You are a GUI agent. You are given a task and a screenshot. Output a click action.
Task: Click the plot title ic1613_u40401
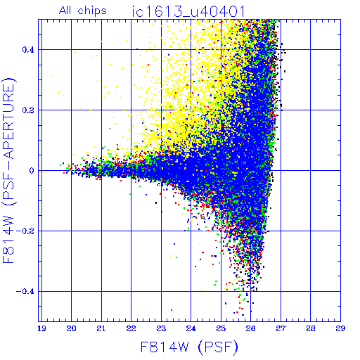pos(188,11)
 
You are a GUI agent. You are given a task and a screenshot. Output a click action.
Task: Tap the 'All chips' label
pos(82,11)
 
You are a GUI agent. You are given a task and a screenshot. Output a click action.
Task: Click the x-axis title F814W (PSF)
pos(189,347)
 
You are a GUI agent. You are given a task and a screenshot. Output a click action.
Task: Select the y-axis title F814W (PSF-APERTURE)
pos(8,170)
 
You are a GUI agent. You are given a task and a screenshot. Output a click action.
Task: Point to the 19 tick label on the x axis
pos(41,328)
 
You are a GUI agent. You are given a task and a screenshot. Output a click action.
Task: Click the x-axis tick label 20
pos(71,328)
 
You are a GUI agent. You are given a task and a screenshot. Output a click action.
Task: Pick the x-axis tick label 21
pos(101,328)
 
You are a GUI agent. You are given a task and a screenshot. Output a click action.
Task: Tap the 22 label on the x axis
pos(131,328)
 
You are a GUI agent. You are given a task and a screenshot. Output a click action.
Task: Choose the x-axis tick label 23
pos(161,328)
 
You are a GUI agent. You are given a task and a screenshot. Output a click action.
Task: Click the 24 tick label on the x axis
pos(191,328)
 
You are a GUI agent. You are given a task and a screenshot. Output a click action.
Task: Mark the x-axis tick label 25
pos(221,328)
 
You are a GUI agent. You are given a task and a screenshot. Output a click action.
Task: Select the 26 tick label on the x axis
pos(250,328)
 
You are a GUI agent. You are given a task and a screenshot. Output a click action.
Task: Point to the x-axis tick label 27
pos(281,328)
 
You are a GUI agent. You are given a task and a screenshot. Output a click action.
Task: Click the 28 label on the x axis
pos(311,328)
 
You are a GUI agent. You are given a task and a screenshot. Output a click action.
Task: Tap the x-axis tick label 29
pos(340,328)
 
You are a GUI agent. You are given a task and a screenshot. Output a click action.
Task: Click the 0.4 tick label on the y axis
pos(28,50)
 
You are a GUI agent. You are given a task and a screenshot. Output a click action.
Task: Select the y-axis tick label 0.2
pos(28,110)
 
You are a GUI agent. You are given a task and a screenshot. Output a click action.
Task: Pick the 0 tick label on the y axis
pos(32,170)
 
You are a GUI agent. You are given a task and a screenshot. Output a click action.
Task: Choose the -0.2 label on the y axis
pos(25,231)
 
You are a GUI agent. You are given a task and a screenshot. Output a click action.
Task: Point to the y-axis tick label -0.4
pos(25,292)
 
